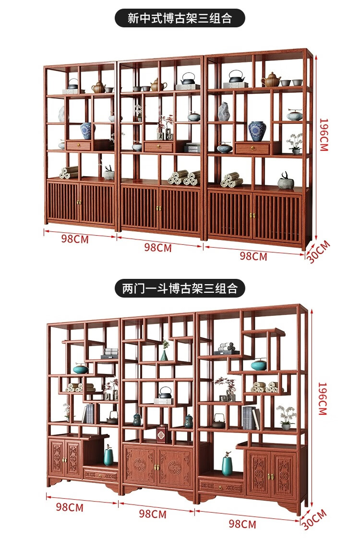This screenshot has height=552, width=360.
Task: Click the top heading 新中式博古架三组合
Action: (x=180, y=18)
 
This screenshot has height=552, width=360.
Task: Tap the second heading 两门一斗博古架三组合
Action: (x=180, y=288)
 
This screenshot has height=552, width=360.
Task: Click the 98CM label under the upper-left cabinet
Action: (x=75, y=239)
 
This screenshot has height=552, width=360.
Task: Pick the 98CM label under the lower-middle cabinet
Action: (x=153, y=514)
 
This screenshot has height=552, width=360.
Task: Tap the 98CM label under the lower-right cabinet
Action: (x=242, y=524)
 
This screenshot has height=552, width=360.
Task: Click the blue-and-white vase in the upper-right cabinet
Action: (x=257, y=131)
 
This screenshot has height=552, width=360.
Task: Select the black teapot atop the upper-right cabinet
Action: (x=237, y=77)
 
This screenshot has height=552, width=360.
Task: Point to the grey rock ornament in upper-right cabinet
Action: (x=224, y=111)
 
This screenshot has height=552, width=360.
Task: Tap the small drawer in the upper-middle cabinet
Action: (x=158, y=146)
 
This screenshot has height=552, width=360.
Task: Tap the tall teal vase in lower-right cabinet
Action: (x=227, y=465)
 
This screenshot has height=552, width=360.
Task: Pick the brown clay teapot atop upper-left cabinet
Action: (x=99, y=87)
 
